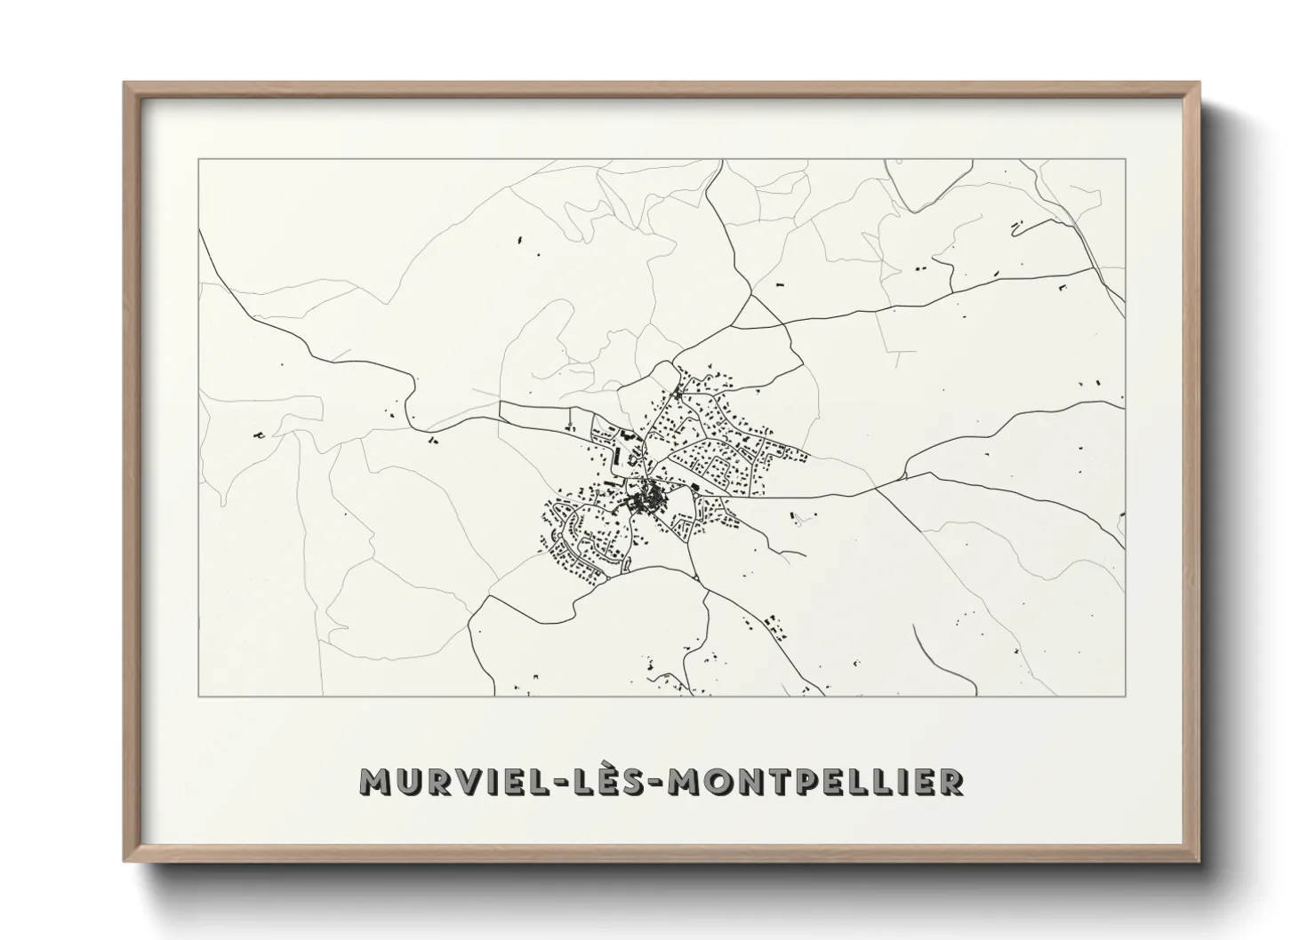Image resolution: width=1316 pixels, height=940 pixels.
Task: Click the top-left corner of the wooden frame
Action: (124, 84)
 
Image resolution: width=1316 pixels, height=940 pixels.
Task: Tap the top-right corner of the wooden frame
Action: (1200, 84)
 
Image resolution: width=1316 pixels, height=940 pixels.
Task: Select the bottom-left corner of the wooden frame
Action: (124, 861)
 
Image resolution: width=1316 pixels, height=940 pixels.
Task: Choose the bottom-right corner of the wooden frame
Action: (1200, 861)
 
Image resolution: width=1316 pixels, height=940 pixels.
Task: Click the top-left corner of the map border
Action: (199, 159)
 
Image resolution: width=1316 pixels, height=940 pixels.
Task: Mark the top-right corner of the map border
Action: (1126, 159)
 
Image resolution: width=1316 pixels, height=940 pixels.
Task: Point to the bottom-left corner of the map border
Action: (199, 696)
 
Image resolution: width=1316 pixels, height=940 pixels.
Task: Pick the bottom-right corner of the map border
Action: (1126, 696)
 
